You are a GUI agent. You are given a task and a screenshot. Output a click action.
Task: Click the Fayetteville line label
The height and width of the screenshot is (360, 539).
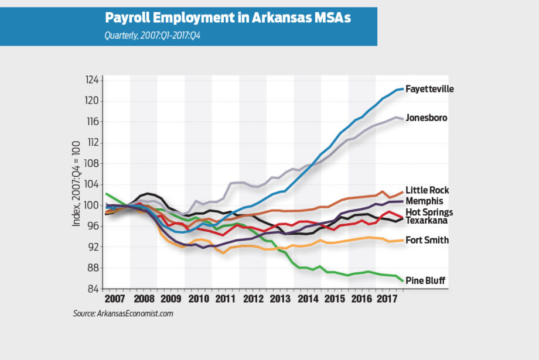coord(429,89)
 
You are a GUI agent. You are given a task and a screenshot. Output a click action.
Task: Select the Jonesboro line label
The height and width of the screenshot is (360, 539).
coord(427,118)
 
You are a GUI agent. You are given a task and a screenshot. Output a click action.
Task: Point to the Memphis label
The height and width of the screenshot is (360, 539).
coord(425,201)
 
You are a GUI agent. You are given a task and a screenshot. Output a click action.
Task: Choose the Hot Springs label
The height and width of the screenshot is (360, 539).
coord(429,212)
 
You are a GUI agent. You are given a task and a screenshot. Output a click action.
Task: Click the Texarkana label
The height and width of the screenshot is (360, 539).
coord(427,220)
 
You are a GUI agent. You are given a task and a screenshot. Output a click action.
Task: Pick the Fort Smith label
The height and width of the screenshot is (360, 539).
coord(427,240)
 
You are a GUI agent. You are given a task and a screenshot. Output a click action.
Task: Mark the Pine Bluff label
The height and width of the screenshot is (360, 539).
coord(426,281)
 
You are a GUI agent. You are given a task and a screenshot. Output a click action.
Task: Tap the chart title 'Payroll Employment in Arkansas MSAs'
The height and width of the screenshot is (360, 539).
coord(228,18)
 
